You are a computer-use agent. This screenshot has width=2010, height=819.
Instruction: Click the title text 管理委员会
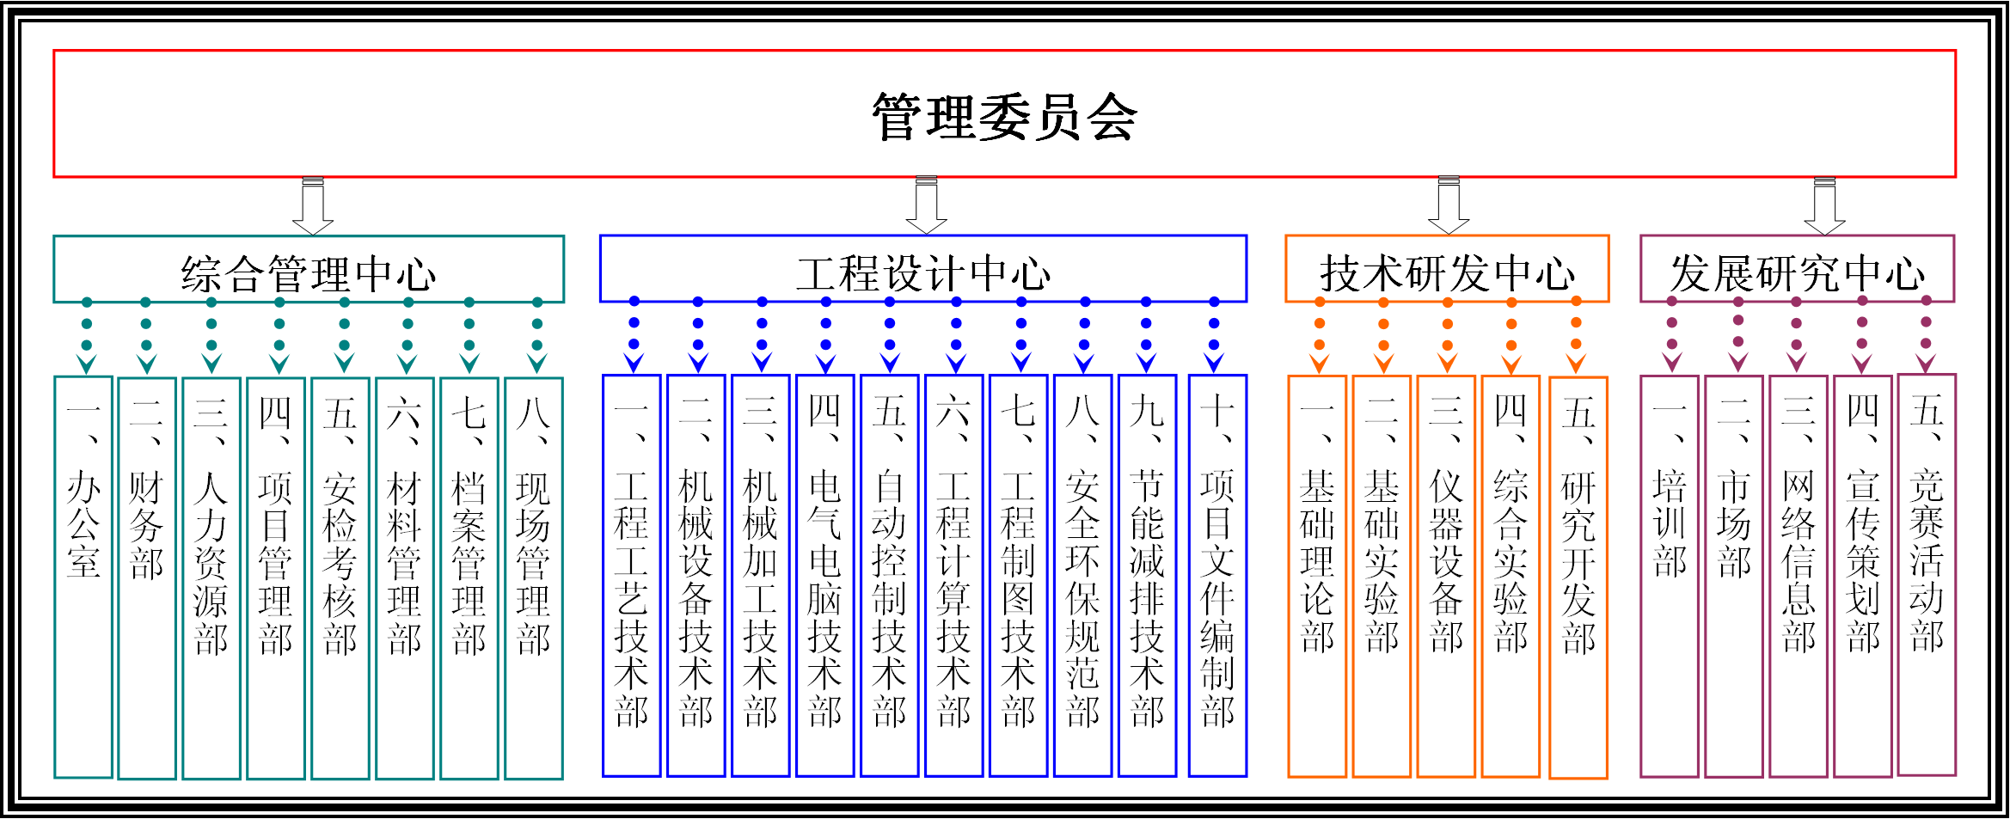click(1004, 117)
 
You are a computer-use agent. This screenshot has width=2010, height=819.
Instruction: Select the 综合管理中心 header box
click(308, 270)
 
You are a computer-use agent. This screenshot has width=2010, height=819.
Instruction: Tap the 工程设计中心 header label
click(922, 273)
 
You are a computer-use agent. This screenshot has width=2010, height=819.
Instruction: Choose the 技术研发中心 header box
click(1447, 270)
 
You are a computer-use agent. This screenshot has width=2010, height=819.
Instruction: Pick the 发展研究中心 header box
click(1797, 270)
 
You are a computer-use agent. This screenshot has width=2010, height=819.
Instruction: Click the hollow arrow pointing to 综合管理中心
click(313, 206)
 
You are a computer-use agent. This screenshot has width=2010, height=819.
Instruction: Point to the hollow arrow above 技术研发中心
click(1449, 206)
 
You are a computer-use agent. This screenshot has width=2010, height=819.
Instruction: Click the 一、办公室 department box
click(83, 576)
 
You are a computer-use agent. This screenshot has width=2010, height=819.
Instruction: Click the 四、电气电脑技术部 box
click(824, 576)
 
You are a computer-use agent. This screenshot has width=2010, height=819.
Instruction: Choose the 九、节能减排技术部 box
click(1147, 576)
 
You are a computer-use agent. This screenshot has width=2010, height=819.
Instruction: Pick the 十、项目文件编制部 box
click(1217, 576)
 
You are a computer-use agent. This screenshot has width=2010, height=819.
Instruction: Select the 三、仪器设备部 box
click(1446, 576)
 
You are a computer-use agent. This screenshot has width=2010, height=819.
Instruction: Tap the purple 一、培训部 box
click(1669, 576)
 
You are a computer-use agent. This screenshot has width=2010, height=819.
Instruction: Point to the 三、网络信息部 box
click(1798, 576)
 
